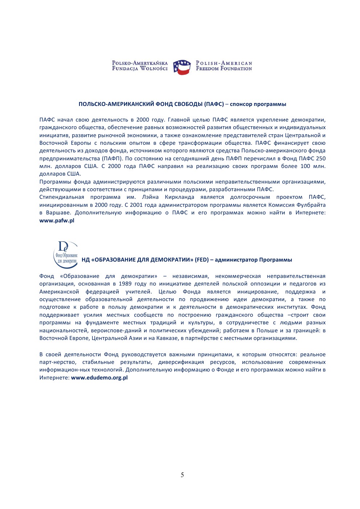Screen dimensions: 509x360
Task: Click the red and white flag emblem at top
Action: coord(182,67)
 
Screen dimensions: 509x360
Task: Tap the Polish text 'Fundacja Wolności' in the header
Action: coord(140,69)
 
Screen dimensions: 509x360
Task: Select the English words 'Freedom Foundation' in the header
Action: coord(224,69)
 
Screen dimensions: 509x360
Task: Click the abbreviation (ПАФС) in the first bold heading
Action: coord(214,104)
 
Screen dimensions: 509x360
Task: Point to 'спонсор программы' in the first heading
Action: coord(258,104)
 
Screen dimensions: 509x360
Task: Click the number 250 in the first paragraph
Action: coord(320,159)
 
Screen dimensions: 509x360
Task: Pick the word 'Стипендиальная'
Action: coord(62,197)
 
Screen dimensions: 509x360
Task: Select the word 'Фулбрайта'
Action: coord(313,205)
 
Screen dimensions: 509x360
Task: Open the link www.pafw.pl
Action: coord(57,221)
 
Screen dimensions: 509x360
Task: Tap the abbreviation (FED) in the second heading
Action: coord(202,260)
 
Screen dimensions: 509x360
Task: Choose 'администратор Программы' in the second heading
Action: coord(253,260)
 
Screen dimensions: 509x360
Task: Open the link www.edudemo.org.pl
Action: coord(99,378)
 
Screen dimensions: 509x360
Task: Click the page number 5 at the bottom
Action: coord(182,475)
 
